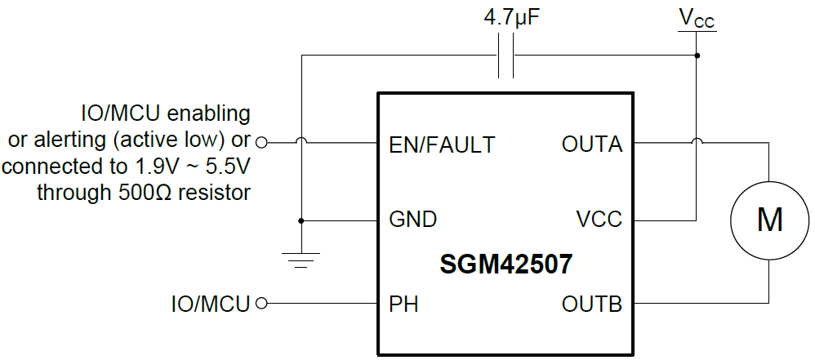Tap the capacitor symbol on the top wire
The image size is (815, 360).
(506, 56)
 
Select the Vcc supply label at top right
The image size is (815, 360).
(697, 19)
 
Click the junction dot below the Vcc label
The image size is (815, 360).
(697, 56)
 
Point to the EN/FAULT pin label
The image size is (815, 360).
(442, 145)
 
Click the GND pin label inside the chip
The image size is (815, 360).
(412, 220)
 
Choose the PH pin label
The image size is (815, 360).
(404, 304)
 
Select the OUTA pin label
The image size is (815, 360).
(592, 145)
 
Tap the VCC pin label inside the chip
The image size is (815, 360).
(599, 220)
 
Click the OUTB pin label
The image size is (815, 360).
(592, 304)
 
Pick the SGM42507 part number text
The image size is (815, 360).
(505, 264)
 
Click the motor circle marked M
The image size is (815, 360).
(769, 220)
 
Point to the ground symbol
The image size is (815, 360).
(301, 260)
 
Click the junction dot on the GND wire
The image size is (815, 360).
(301, 220)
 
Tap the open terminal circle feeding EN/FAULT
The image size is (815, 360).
(261, 142)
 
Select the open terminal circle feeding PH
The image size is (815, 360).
(261, 304)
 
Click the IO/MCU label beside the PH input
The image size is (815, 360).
(211, 304)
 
